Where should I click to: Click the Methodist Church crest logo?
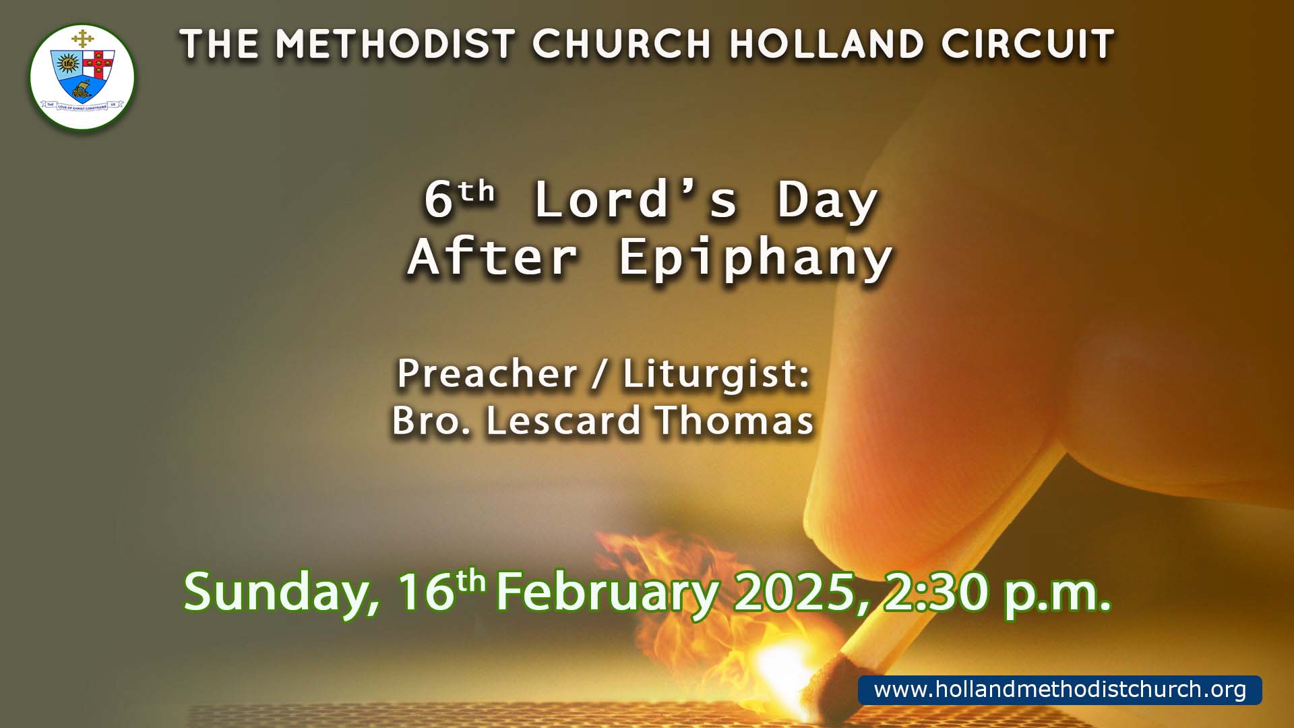pos(82,77)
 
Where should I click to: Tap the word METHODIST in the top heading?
pos(396,44)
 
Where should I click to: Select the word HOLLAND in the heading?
pos(826,44)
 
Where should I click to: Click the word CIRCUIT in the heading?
pos(1028,44)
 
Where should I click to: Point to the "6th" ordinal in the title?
pos(459,200)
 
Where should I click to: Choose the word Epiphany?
pos(756,258)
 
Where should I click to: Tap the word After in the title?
pos(493,257)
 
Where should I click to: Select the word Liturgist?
pos(716,375)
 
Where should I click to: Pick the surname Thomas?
pos(734,421)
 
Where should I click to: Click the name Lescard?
pos(563,421)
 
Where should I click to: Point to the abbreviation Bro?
pos(431,421)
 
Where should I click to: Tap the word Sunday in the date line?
pos(282,593)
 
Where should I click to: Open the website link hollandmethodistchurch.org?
pos(1060,690)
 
